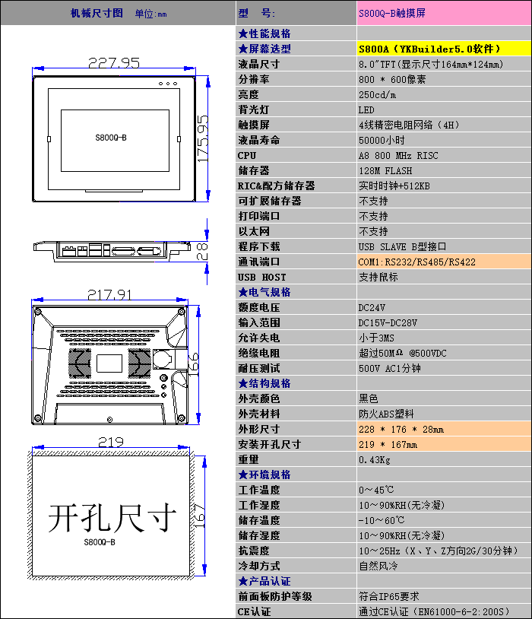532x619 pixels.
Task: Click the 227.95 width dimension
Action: [x=113, y=63]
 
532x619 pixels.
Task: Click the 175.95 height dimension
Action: [x=202, y=138]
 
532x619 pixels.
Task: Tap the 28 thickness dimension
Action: [x=202, y=252]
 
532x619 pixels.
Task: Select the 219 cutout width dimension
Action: [x=111, y=442]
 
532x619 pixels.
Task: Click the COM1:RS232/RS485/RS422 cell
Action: [x=417, y=262]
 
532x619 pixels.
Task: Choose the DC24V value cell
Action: [x=372, y=307]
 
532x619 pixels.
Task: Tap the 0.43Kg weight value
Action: [x=375, y=459]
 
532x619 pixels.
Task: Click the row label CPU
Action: [x=247, y=155]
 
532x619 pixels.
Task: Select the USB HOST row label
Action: [x=262, y=277]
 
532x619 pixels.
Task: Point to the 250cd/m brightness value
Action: [x=377, y=94]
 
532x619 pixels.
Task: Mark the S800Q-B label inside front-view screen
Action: [x=111, y=138]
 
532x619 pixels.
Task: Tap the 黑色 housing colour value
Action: [x=369, y=398]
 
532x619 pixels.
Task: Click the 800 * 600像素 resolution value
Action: [x=392, y=79]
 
